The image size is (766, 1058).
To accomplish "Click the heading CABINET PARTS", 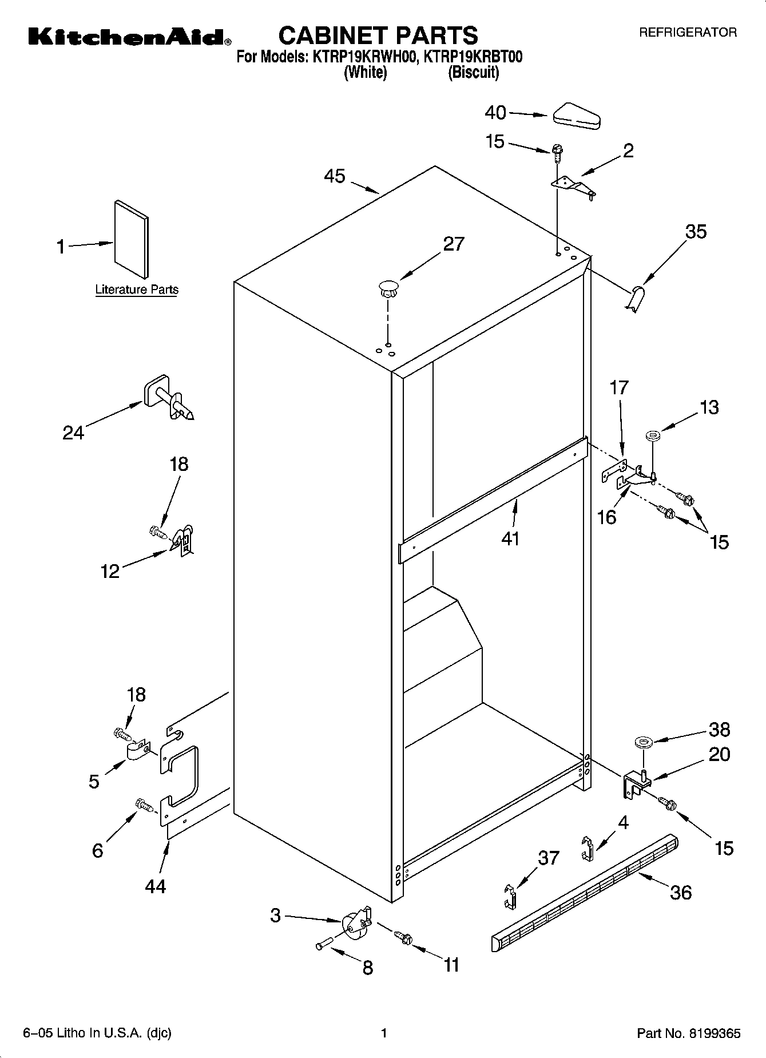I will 378,35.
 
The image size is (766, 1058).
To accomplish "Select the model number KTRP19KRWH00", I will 363,57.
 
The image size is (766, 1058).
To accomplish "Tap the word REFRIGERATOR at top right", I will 688,33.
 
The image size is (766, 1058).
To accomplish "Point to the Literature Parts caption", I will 136,290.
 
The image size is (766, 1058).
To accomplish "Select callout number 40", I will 495,113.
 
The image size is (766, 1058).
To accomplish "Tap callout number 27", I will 454,244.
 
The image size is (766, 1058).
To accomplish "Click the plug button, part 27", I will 388,288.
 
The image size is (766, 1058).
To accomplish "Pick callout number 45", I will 335,176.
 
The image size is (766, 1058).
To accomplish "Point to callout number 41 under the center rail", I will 510,538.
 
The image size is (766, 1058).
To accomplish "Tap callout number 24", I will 73,433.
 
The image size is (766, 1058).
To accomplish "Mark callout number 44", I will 155,886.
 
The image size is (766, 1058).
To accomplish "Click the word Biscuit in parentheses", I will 473,73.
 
